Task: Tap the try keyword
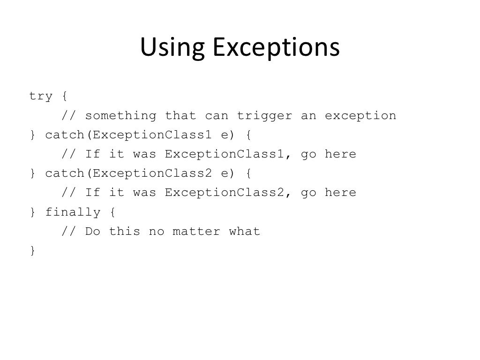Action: point(41,96)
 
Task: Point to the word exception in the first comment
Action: point(360,116)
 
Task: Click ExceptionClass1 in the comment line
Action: point(224,154)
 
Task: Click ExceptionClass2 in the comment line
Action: point(224,193)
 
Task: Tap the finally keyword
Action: point(73,212)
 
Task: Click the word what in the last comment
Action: point(244,231)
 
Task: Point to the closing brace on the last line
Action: point(32,251)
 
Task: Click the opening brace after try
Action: point(64,97)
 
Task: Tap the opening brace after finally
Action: point(112,212)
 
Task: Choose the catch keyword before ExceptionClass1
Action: point(64,135)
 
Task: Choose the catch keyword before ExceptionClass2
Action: point(64,173)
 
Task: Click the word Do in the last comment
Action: point(92,231)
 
